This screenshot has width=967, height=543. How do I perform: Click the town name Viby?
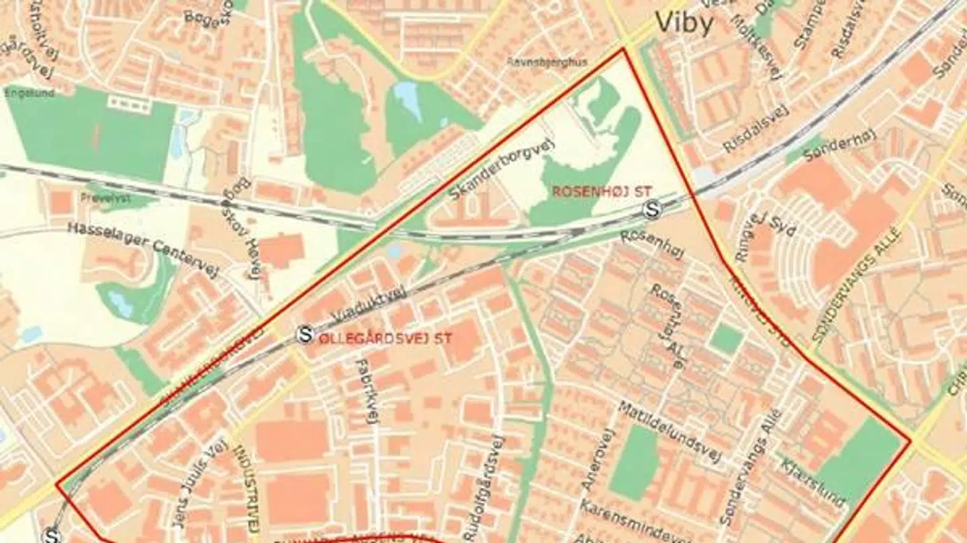pos(684,23)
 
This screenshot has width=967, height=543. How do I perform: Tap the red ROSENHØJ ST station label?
pos(602,191)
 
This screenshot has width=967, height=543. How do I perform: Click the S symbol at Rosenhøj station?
pos(650,209)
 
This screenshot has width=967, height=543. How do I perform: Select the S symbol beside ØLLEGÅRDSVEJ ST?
pos(306,334)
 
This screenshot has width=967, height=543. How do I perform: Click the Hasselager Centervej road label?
pos(144,246)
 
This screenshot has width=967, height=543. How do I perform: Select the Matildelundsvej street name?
pos(670,432)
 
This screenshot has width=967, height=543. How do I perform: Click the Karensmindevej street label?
pos(634,522)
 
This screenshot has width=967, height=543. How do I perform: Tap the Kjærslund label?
pos(814,482)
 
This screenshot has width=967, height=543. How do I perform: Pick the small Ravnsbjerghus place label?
pos(547,62)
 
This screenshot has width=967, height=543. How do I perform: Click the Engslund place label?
pos(30,93)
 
